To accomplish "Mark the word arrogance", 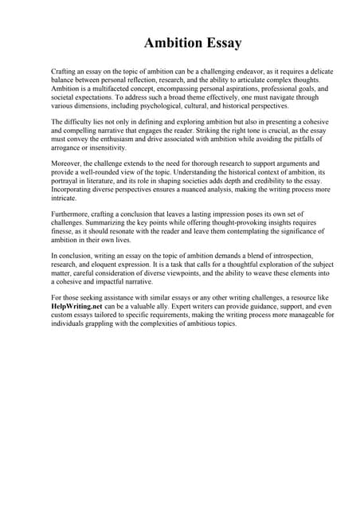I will tap(68, 149).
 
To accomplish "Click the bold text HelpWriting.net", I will tap(79, 307).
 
